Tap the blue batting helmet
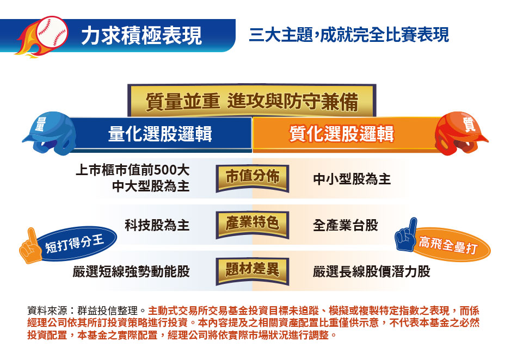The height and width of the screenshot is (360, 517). point(50,133)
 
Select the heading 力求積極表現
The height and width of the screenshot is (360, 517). point(141,35)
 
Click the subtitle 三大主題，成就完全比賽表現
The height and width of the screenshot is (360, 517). point(349,35)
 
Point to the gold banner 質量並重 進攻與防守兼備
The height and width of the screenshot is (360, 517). point(252,101)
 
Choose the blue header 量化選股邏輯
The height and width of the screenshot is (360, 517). point(160,134)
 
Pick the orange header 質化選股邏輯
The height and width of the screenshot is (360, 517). point(342,134)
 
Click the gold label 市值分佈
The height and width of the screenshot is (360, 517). point(253,178)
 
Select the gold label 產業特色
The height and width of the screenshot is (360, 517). point(253,224)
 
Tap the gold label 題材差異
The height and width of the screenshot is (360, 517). point(253,271)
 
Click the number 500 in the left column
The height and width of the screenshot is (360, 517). point(166,170)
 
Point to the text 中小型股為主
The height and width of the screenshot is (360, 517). point(352,179)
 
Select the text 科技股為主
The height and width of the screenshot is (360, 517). point(157,225)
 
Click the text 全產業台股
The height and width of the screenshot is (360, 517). point(345,225)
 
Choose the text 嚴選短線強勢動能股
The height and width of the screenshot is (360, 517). point(131,272)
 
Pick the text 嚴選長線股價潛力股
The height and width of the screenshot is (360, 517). point(372,272)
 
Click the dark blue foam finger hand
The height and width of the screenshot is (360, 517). point(406,234)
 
